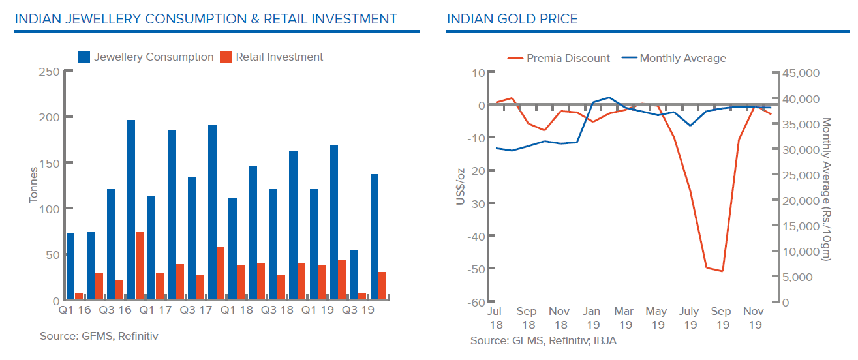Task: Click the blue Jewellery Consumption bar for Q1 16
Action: (70, 267)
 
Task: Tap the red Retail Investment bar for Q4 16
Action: (140, 266)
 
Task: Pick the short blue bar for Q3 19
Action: (354, 275)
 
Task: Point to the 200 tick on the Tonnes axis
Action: (50, 117)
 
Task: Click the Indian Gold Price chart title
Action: (512, 19)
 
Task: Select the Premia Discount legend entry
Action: (559, 58)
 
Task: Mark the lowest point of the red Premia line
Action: (722, 271)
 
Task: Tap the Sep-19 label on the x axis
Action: (723, 318)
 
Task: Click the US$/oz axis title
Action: (460, 186)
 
